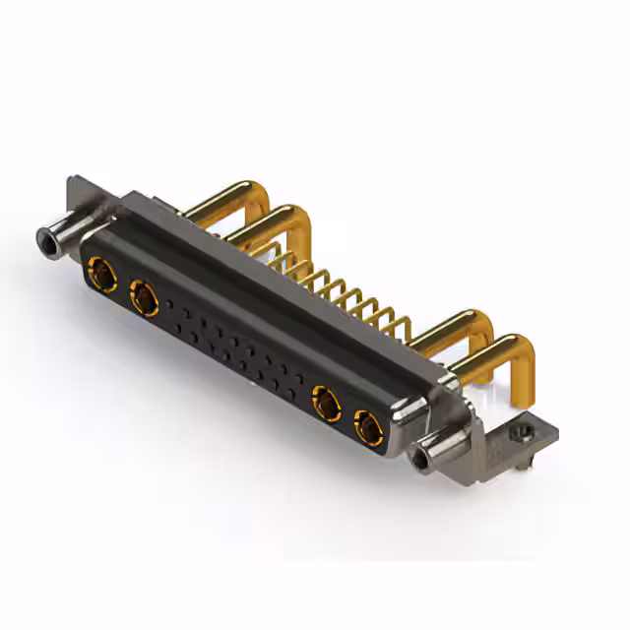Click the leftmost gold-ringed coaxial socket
click(x=101, y=269)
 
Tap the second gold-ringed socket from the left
click(x=144, y=294)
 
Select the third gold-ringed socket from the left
click(x=326, y=402)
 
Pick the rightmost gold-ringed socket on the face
click(x=366, y=427)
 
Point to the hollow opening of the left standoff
click(x=42, y=238)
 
